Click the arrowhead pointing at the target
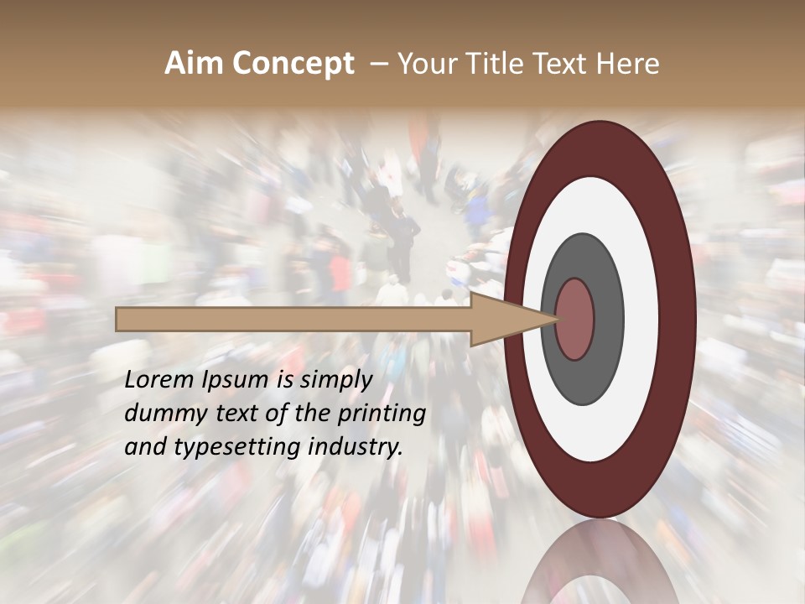[x=512, y=319]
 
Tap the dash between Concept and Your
[x=378, y=64]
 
